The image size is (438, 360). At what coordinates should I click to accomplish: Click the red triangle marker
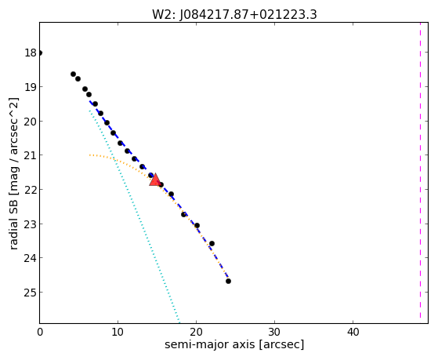(x=155, y=180)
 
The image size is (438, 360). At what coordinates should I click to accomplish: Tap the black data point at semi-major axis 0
(x=40, y=53)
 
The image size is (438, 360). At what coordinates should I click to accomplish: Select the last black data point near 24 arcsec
(x=228, y=281)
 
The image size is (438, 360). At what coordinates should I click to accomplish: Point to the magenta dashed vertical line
(x=420, y=173)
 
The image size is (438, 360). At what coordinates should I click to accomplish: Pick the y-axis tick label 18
(x=31, y=53)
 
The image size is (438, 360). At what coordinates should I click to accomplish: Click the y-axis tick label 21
(x=31, y=155)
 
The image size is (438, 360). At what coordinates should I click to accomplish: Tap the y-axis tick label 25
(x=31, y=293)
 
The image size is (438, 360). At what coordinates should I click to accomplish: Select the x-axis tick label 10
(x=118, y=333)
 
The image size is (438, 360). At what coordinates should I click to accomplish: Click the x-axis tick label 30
(x=274, y=333)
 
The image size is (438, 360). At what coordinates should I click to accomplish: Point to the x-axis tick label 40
(x=353, y=333)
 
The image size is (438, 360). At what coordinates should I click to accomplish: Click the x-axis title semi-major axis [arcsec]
(x=234, y=344)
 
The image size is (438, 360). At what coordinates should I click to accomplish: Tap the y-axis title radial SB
(x=13, y=223)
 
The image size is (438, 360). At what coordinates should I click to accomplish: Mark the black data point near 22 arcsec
(x=212, y=244)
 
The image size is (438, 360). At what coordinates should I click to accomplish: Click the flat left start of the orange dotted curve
(x=90, y=155)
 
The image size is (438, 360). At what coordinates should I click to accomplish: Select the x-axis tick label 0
(x=40, y=333)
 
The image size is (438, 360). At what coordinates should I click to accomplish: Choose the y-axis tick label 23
(x=31, y=224)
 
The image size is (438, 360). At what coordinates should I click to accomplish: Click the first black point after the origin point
(x=73, y=75)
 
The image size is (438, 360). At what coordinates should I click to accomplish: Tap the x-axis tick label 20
(x=196, y=333)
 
